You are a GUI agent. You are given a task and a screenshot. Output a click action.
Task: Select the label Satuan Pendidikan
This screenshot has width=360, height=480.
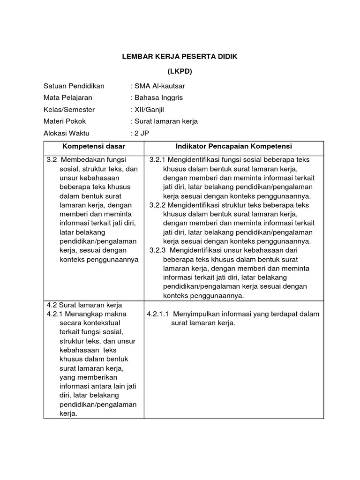coord(74,86)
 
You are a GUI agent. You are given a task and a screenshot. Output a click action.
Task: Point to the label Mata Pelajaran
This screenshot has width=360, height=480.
coord(68,97)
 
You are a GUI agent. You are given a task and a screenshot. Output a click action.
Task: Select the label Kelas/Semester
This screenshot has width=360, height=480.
coord(69,109)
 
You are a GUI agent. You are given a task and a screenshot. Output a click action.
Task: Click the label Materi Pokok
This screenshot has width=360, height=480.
coord(65,121)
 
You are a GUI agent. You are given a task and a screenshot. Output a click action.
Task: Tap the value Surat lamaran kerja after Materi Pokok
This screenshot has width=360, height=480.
coord(165,121)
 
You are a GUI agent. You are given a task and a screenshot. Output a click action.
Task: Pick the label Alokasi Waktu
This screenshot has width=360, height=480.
coord(67,133)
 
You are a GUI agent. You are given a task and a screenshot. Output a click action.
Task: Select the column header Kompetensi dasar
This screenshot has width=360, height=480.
coord(94,146)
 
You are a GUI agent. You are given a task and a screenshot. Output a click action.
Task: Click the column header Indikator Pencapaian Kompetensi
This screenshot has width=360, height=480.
coord(233,146)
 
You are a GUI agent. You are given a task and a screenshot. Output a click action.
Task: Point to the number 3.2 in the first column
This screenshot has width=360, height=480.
coord(52,160)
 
